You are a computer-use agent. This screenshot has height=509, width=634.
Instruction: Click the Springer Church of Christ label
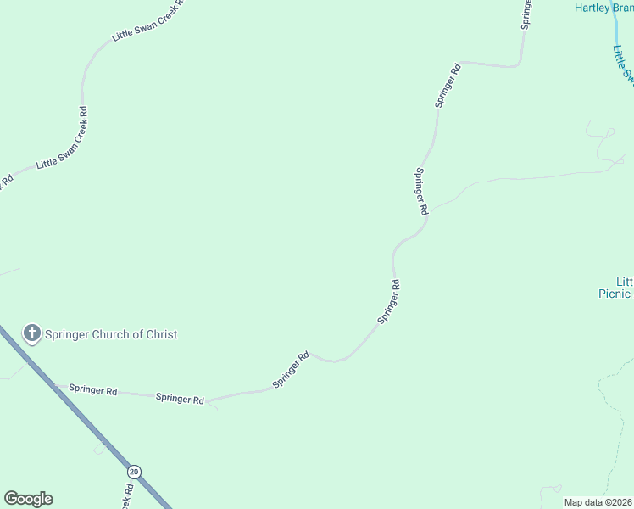coord(111,334)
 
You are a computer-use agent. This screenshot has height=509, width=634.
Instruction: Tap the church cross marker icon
coord(32,333)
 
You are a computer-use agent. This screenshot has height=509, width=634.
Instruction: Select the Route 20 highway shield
coord(133,471)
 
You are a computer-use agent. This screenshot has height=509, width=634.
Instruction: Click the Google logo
coord(28,499)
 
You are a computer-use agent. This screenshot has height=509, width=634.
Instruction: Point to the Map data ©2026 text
coord(598,502)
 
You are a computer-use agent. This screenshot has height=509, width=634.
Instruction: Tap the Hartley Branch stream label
coord(604,8)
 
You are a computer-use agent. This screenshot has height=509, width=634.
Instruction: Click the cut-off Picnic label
coord(613,294)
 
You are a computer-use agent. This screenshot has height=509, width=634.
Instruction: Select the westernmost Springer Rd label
coord(93,390)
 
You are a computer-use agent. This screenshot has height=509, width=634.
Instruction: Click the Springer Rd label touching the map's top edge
coord(526,14)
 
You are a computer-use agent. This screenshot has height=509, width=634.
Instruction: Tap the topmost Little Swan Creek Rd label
coord(147,24)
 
